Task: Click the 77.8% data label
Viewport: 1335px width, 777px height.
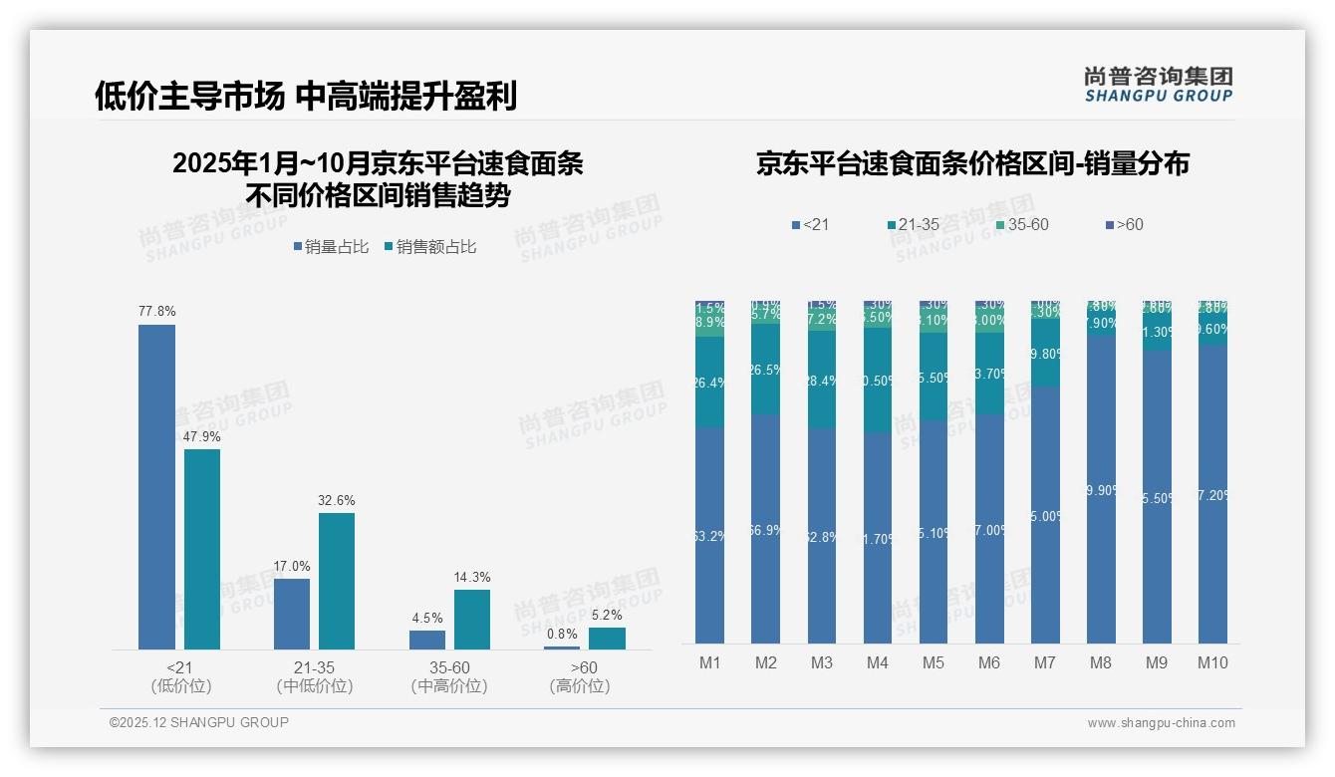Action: (156, 312)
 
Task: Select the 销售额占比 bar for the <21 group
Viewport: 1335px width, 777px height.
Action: (202, 549)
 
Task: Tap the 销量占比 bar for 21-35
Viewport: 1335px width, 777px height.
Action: (292, 614)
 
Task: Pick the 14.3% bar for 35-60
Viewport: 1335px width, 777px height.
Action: (472, 620)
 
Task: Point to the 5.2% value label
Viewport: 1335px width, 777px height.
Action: (607, 615)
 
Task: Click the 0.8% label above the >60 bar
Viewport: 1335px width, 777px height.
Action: (562, 634)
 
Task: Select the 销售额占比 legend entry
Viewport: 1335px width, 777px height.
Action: (429, 247)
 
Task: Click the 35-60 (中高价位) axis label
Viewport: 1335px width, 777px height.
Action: (449, 676)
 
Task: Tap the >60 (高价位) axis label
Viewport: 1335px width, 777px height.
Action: (580, 676)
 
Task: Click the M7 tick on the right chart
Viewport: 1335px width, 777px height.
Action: (1044, 662)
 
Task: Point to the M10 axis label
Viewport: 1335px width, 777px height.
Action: (1211, 662)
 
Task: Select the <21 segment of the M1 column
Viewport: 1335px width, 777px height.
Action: (710, 535)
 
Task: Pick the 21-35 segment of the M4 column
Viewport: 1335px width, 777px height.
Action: (878, 380)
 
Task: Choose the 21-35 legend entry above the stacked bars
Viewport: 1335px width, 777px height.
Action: (913, 225)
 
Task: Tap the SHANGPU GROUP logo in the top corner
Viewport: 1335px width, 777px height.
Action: (1158, 85)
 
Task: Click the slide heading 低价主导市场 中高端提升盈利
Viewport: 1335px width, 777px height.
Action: (306, 96)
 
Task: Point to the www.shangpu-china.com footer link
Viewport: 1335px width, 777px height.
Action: (1161, 723)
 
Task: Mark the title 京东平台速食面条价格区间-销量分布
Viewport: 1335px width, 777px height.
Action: (972, 164)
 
